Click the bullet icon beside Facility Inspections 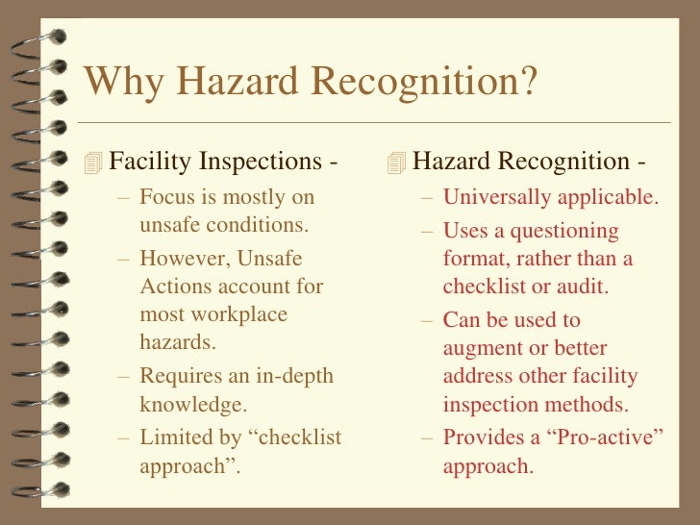92,162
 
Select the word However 181,257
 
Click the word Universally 497,197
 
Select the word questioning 567,232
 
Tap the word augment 480,347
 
